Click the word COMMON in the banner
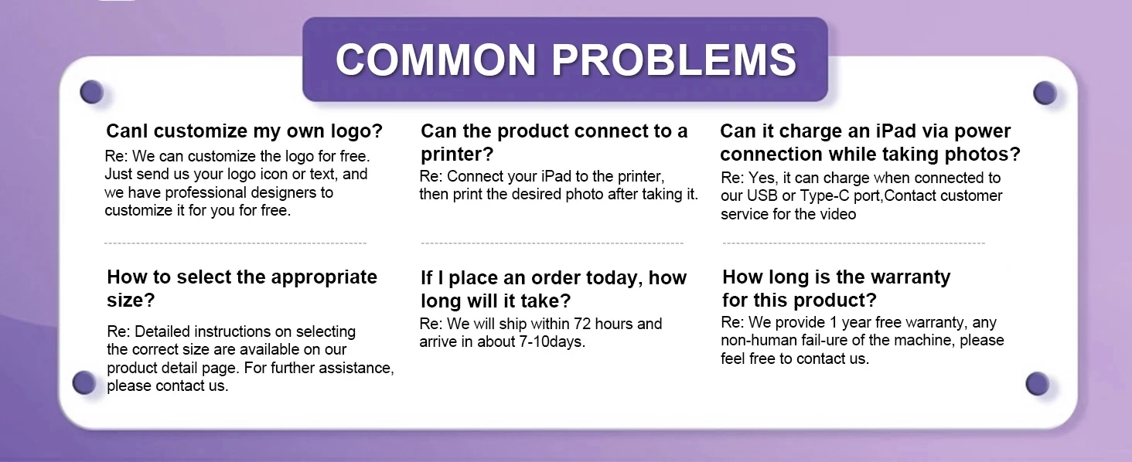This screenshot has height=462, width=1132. [435, 59]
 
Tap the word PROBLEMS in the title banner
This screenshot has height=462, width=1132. [674, 59]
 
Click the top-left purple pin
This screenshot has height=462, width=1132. [91, 92]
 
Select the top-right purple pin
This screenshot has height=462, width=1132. [1045, 93]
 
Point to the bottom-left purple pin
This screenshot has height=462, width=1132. [84, 382]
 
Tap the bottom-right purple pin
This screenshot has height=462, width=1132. [1037, 384]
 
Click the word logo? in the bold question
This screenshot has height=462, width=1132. [356, 131]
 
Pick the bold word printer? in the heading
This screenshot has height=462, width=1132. [457, 155]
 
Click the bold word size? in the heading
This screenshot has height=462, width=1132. [131, 300]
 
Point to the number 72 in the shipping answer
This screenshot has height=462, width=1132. [578, 324]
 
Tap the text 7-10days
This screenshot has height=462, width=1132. [552, 341]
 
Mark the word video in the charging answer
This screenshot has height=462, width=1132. [837, 214]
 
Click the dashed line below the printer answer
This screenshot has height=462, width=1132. [552, 243]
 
